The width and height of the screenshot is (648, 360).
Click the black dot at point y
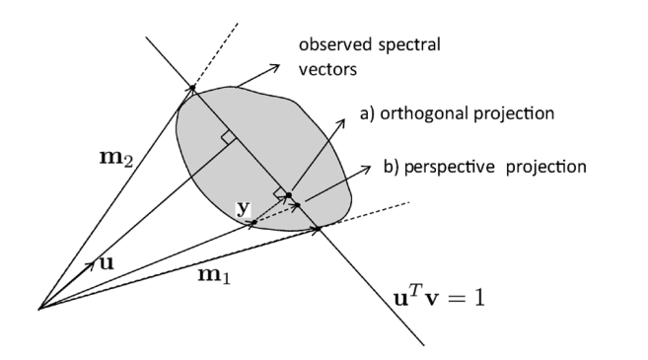click(x=253, y=222)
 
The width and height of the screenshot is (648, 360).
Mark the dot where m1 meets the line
click(x=319, y=231)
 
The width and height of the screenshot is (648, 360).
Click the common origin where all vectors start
click(x=38, y=309)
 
